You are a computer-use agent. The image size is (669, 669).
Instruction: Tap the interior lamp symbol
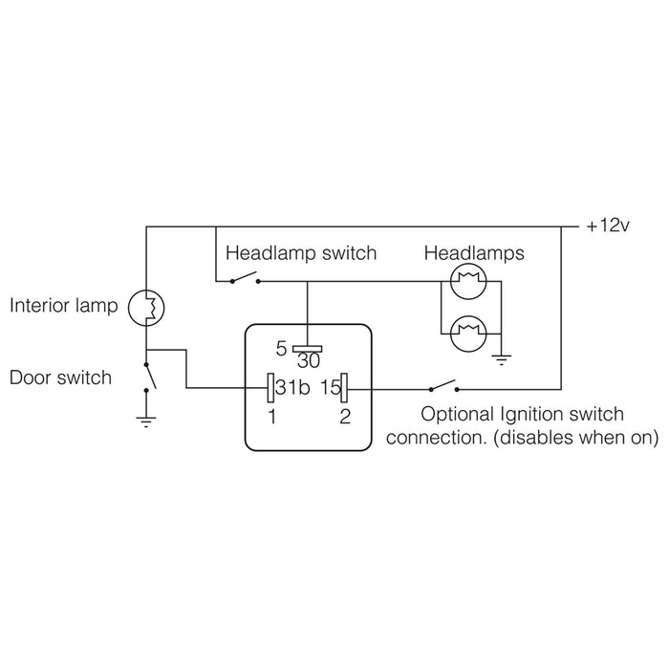tap(147, 308)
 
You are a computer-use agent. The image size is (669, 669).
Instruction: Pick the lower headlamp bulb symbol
tap(469, 334)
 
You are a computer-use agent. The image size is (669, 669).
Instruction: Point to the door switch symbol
tap(147, 377)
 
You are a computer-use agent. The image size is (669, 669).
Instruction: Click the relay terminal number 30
tap(308, 361)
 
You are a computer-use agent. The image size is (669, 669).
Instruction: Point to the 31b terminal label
tap(291, 388)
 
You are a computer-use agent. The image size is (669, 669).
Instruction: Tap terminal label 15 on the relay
tap(330, 388)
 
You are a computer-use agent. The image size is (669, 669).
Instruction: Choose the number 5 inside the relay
tap(281, 348)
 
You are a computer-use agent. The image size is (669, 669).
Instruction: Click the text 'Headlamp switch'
tap(300, 253)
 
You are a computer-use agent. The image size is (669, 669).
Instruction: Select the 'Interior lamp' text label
tap(63, 308)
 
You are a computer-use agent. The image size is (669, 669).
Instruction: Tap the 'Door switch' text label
tap(60, 378)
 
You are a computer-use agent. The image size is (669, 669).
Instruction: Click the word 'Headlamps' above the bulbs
tap(474, 253)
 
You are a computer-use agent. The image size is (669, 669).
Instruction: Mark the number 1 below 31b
tap(272, 417)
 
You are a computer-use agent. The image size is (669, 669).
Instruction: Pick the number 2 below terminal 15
tap(345, 417)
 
